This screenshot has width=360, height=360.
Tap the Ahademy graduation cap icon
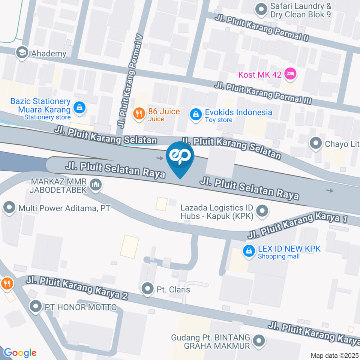[x=22, y=53]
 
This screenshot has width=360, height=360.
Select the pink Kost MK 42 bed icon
[x=290, y=74]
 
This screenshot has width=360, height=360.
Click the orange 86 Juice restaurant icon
[x=139, y=114]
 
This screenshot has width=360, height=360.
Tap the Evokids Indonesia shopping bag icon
[x=195, y=115]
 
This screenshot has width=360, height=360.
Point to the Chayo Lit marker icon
[x=316, y=143]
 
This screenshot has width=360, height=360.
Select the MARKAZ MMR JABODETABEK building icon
[x=96, y=185]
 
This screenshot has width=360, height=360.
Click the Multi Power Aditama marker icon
[x=9, y=207]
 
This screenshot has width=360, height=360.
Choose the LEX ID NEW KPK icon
[x=248, y=252]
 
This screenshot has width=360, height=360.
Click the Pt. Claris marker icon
[x=148, y=289]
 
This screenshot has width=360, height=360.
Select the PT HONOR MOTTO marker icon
[x=36, y=307]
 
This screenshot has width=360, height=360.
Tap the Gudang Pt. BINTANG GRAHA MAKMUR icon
[x=258, y=341]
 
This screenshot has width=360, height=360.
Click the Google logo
[x=20, y=352]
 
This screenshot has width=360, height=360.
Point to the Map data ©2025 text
[x=334, y=355]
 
